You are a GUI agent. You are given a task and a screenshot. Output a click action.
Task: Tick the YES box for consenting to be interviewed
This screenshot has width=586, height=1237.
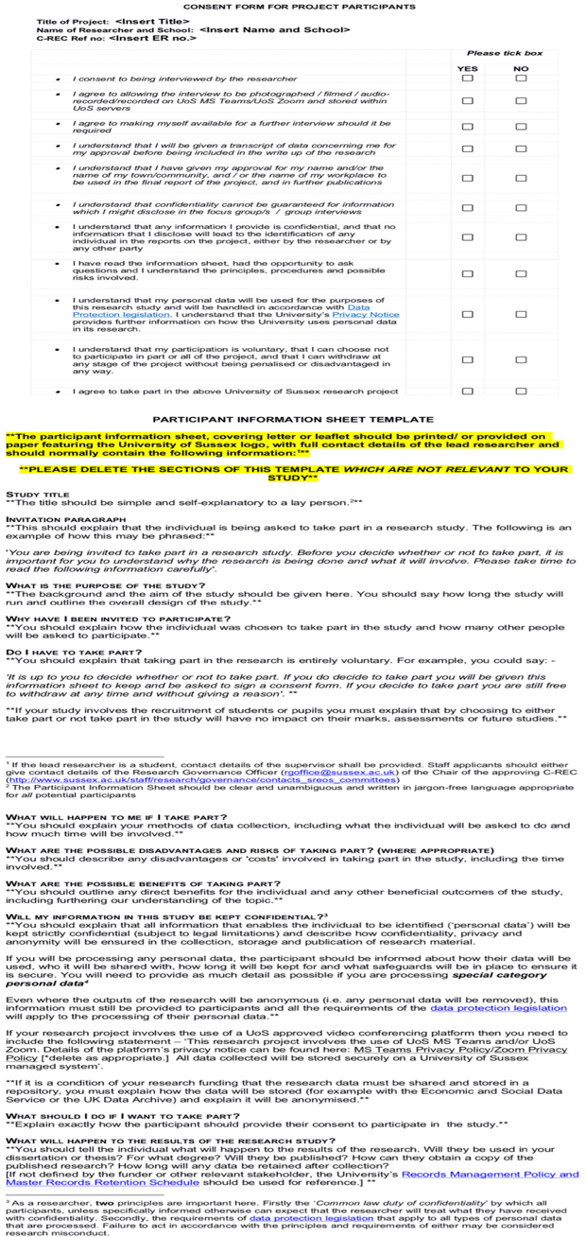[x=467, y=78]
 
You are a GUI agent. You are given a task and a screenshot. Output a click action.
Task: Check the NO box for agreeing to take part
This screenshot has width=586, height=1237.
[x=521, y=391]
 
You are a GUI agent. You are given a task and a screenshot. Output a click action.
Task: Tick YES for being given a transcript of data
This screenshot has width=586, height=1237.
[x=467, y=148]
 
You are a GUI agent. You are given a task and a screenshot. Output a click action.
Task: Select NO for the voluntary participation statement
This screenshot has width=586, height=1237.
[x=521, y=359]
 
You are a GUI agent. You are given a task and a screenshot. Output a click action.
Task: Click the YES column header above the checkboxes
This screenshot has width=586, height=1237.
[x=467, y=68]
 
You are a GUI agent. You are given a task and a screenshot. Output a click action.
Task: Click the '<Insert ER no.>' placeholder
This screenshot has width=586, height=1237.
[x=152, y=37]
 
